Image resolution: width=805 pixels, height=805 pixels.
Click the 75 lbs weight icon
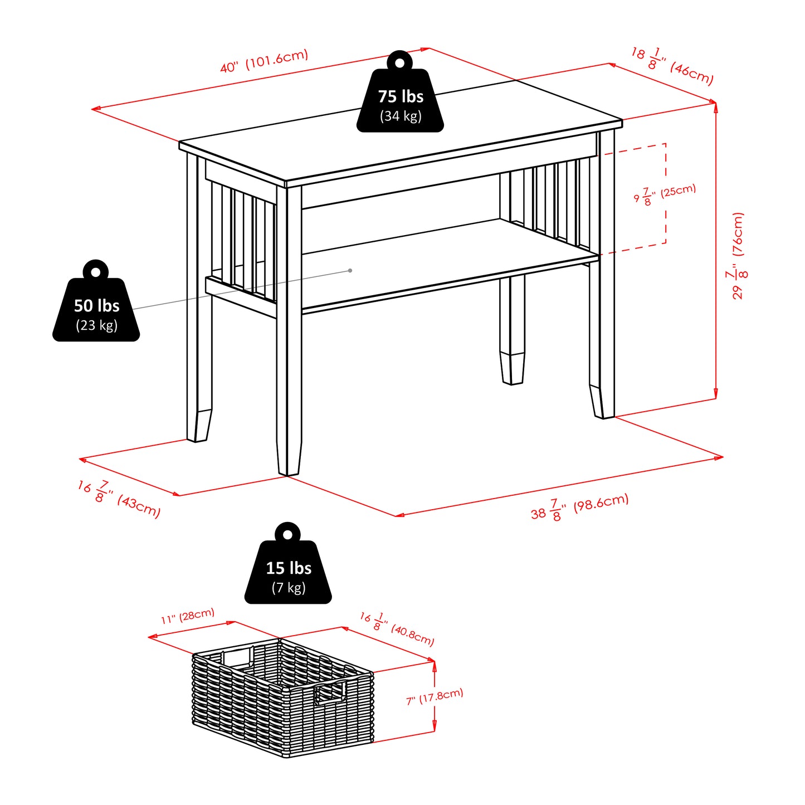400,100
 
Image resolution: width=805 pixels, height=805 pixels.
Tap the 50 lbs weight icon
96,309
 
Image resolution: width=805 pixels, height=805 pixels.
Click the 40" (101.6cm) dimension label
264,61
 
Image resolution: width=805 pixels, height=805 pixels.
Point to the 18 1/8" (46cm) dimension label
672,66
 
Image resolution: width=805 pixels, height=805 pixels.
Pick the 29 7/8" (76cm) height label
738,256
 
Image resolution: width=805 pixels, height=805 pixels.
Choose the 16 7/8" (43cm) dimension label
119,499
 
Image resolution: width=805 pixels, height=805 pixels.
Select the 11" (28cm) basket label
188,616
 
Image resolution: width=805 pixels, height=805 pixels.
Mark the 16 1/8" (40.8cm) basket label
397,628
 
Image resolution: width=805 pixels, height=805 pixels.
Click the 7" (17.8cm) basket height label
435,697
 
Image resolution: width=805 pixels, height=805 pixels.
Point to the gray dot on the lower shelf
350,271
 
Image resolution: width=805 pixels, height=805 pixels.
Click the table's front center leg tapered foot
290,457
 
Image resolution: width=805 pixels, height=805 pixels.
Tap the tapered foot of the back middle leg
513,368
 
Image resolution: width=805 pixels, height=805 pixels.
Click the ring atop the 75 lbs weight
399,62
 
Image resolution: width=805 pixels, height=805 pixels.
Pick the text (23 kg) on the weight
96,325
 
